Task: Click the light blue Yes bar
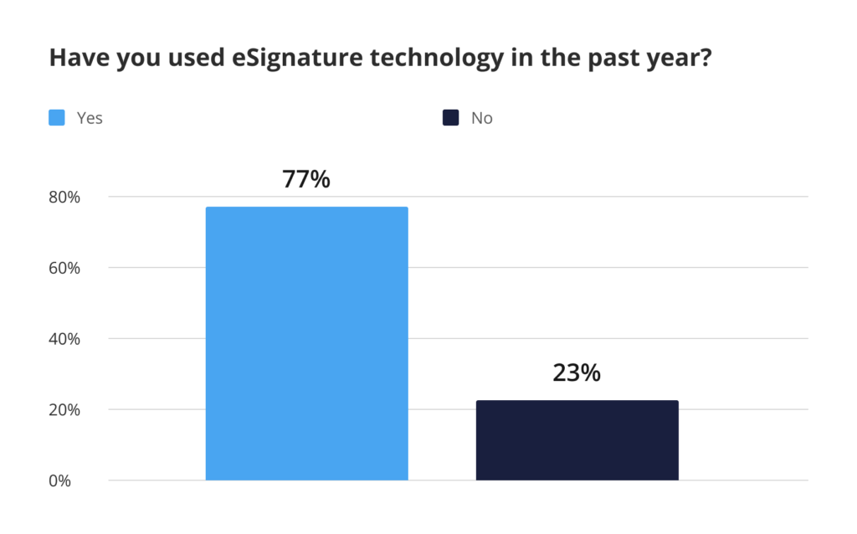pos(306,343)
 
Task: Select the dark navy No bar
pos(577,440)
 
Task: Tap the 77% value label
pos(306,179)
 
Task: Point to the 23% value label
pos(577,372)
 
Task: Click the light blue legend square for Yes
pos(57,118)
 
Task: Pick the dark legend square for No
pos(451,118)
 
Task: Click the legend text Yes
pos(90,118)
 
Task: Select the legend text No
pos(482,118)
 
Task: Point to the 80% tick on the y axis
pos(63,198)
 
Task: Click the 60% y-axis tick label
pos(63,269)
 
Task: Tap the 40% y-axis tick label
pos(63,339)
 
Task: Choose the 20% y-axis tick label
pos(63,410)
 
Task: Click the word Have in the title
pos(76,59)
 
